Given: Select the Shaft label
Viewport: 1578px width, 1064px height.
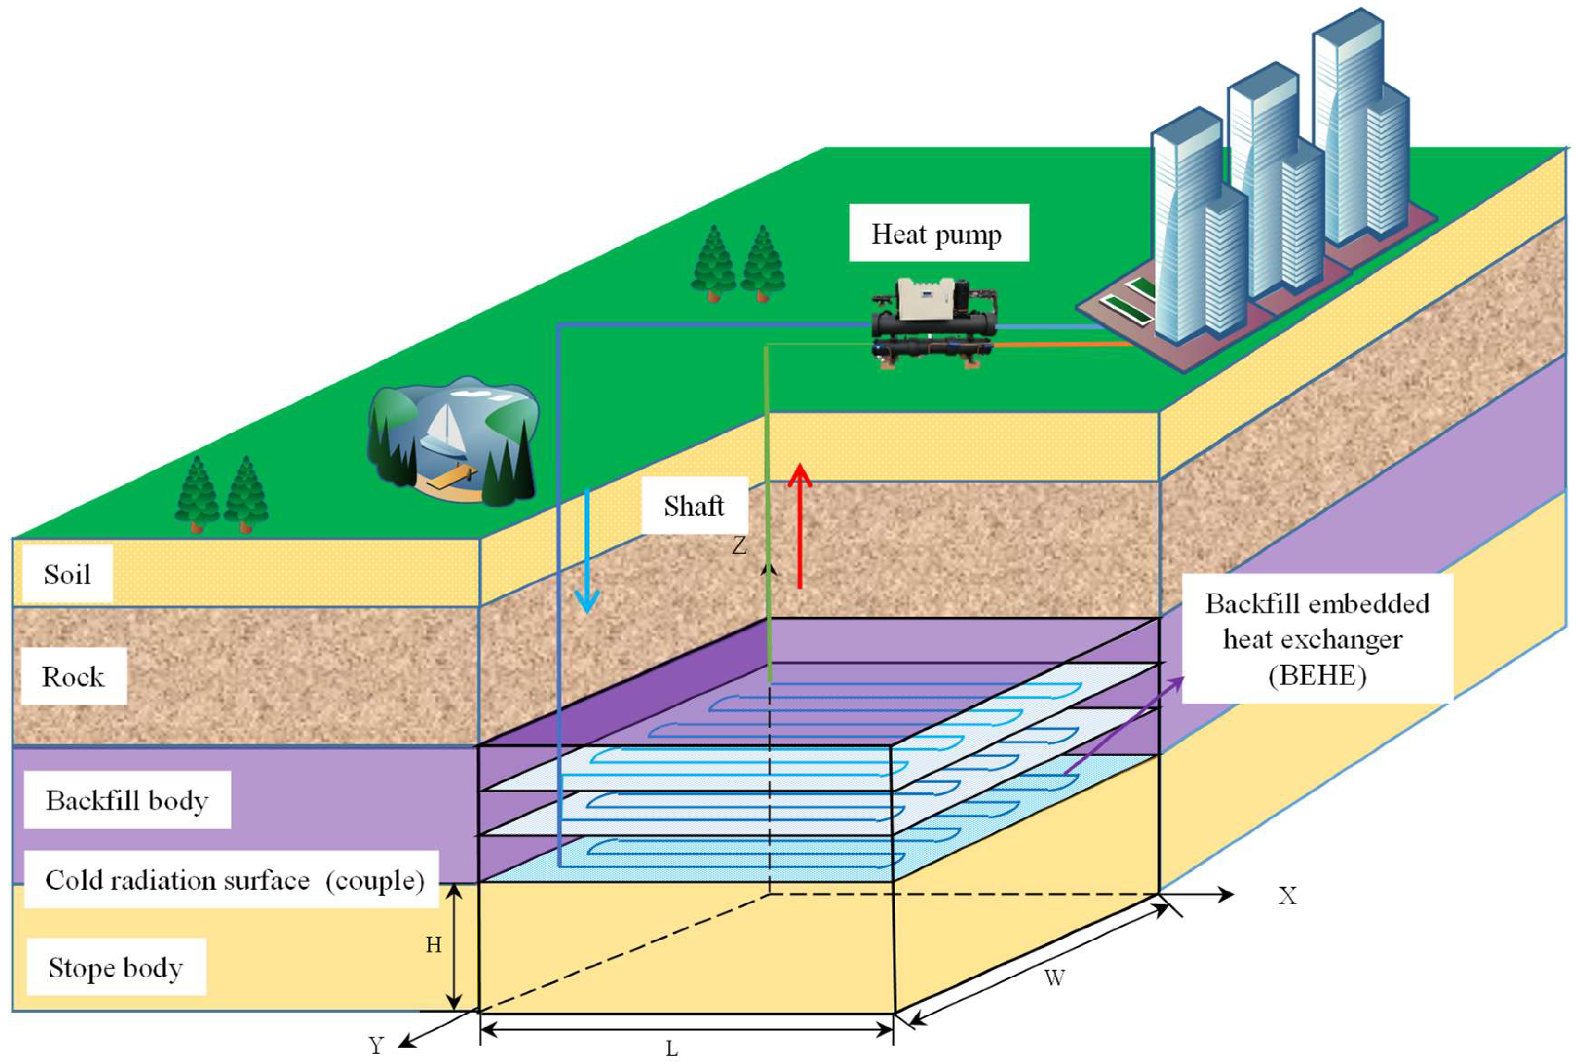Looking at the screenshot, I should (694, 506).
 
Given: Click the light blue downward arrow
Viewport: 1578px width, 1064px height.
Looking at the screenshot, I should (586, 550).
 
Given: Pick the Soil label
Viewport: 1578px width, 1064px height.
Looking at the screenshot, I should (67, 574).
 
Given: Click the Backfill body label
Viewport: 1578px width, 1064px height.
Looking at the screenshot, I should (127, 800).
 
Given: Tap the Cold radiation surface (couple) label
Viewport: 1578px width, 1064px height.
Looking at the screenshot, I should (234, 880).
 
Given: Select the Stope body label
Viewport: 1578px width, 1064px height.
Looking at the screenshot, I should (115, 967).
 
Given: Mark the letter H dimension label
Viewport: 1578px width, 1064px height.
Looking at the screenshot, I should (434, 944).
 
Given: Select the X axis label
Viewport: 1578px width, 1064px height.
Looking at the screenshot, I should (1287, 896).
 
